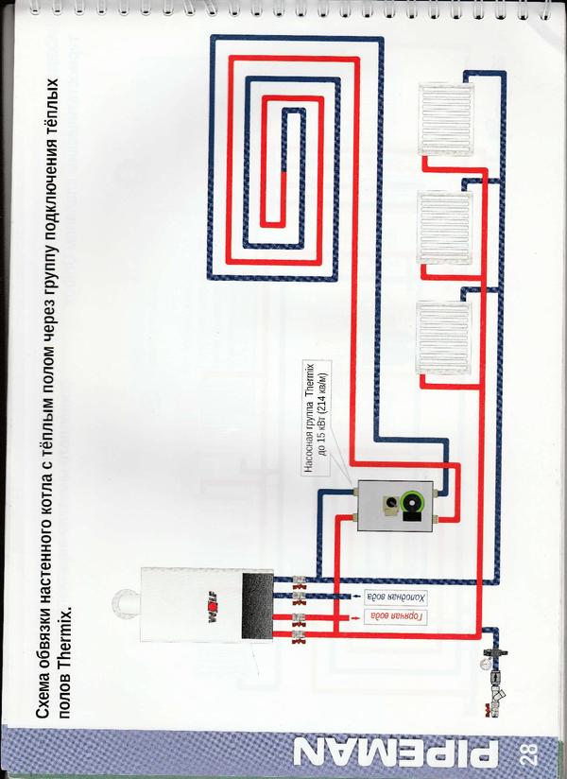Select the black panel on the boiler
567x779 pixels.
[257, 606]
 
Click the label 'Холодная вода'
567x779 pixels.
[396, 597]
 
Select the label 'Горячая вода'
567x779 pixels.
[396, 617]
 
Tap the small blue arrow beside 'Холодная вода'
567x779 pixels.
[355, 597]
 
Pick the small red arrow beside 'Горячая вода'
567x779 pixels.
[355, 617]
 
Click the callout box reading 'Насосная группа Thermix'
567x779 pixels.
[317, 417]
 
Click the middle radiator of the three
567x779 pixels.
[445, 228]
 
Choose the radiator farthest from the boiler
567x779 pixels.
[446, 119]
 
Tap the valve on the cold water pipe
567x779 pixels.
[299, 597]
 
